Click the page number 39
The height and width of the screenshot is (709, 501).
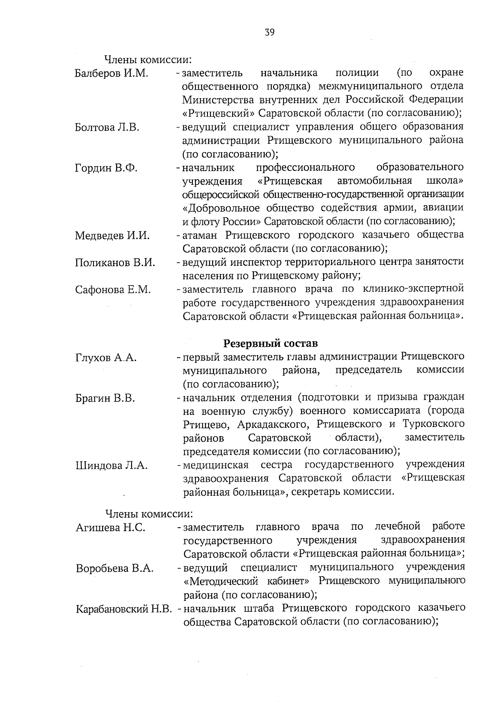coord(269,32)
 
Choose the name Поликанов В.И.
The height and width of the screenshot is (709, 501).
coord(115,263)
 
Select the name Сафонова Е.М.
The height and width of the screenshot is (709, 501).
coord(113,290)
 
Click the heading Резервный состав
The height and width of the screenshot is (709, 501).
coord(271,343)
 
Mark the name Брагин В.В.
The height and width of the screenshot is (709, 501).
coord(105,398)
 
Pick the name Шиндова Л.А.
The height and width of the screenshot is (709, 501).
coord(111,465)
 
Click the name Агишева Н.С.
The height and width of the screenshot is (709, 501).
coord(110,528)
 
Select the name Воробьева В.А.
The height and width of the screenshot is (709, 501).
coord(114,569)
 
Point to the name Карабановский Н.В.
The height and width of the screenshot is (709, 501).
coord(124,609)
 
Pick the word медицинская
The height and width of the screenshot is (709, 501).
coord(216,465)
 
